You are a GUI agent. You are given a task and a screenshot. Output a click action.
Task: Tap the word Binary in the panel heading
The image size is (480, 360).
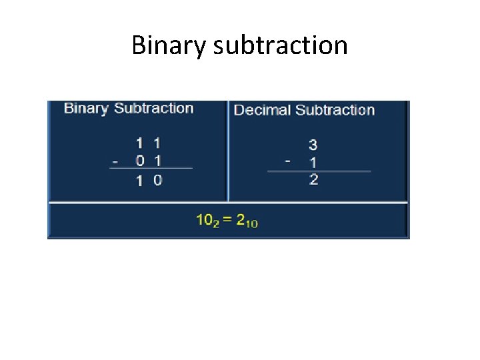coord(87,108)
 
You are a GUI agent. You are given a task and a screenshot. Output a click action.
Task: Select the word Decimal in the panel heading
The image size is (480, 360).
coord(263,110)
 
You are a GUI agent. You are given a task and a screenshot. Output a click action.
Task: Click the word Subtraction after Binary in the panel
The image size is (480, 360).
coord(153,108)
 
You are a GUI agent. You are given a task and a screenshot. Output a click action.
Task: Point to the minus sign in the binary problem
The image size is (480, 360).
coord(116,161)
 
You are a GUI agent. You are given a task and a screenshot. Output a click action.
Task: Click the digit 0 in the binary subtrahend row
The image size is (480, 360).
coord(139,161)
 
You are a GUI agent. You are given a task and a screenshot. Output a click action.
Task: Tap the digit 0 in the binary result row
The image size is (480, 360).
coord(157,180)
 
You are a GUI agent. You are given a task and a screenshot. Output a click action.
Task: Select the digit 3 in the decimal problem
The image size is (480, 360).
coord(313,145)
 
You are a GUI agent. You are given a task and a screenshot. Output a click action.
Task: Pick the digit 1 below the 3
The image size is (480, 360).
coord(313,162)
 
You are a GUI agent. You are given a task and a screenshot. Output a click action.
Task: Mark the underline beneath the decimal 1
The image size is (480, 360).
coord(318,171)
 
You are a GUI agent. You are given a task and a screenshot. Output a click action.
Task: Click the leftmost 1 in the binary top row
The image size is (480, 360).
coord(139,143)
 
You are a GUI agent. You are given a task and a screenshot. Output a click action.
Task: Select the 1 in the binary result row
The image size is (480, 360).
coord(139,181)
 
